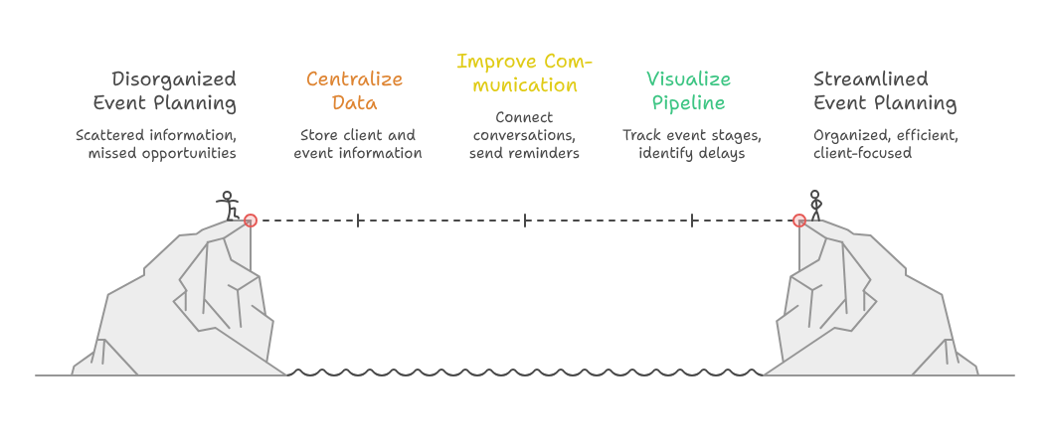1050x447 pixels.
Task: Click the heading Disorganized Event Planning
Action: coord(165,91)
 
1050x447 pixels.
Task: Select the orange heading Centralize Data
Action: coord(354,91)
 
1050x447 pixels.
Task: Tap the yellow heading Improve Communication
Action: coord(524,74)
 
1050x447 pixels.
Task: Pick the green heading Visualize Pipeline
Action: coord(688,91)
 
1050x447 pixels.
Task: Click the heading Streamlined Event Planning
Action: coord(885,91)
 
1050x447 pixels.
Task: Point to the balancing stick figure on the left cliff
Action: coord(228,206)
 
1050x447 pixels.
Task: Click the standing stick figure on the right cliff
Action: coord(815,206)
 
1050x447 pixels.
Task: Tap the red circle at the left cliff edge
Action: coord(251,221)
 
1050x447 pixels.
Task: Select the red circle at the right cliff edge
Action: coord(798,221)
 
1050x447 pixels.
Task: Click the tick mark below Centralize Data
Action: coord(358,221)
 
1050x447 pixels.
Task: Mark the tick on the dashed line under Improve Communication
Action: coord(525,221)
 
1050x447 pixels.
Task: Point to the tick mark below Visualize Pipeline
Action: coord(692,221)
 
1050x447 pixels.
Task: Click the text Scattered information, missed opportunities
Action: coord(156,144)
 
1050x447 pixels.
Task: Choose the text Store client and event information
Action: coord(358,144)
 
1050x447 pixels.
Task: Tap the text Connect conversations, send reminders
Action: coord(524,135)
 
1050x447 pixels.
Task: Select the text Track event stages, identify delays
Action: coord(692,144)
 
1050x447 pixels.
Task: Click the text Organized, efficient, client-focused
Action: coord(886,144)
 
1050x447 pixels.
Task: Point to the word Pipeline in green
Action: coord(688,103)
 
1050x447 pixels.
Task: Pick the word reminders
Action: coord(547,153)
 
